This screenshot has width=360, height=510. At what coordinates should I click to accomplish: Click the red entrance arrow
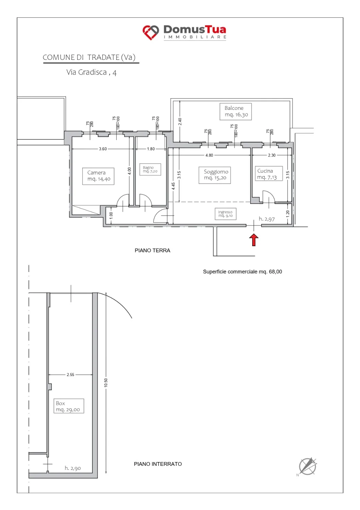[x=254, y=240]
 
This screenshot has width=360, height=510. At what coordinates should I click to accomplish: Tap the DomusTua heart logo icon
[x=151, y=32]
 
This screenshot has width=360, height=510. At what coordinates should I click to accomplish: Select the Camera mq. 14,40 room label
[x=98, y=176]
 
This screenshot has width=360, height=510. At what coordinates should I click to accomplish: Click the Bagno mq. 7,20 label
[x=150, y=169]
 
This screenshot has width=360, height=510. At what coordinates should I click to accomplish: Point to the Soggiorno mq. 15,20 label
[x=215, y=175]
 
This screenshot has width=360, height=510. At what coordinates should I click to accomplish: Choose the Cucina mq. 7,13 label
[x=269, y=174]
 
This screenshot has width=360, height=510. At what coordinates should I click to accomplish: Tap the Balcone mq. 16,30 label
[x=236, y=112]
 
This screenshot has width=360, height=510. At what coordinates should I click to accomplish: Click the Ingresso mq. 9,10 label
[x=225, y=214]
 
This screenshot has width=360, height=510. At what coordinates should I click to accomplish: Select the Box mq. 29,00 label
[x=69, y=406]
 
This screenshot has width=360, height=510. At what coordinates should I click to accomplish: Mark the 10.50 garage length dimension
[x=106, y=383]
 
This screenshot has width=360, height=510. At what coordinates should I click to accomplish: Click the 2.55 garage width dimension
[x=70, y=375]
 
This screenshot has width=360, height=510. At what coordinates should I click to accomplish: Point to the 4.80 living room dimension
[x=209, y=155]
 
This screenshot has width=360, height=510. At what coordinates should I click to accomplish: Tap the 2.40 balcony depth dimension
[x=180, y=121]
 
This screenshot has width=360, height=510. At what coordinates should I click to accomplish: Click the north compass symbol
[x=307, y=466]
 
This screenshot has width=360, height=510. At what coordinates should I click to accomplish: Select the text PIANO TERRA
[x=152, y=251]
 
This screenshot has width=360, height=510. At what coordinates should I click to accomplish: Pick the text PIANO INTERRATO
[x=158, y=464]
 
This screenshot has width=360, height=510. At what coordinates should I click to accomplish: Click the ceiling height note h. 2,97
[x=267, y=219]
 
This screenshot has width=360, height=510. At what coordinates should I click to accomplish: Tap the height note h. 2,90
[x=73, y=468]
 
